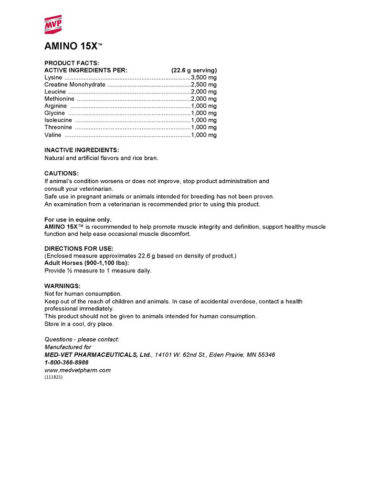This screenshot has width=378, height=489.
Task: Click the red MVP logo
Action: click(53, 24)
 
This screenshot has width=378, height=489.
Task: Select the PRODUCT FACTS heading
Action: click(72, 63)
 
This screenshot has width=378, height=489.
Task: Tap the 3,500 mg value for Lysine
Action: click(204, 77)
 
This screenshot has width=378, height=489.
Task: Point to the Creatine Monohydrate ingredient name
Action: click(75, 84)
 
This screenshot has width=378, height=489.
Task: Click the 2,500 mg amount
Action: click(204, 84)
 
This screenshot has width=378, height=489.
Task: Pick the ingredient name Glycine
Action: click(54, 113)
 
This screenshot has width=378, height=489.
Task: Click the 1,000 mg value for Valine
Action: click(204, 135)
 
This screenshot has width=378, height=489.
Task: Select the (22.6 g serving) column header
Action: click(194, 70)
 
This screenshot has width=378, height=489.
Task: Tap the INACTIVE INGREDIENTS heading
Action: click(82, 150)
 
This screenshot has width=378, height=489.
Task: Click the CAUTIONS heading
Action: click(62, 173)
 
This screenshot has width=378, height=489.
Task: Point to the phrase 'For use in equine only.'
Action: click(78, 219)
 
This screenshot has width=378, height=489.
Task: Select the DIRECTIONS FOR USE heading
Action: click(79, 249)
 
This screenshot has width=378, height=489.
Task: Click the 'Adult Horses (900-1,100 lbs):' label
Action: click(86, 263)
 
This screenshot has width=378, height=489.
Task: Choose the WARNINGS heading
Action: click(63, 286)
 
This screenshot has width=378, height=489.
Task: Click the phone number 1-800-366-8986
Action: click(66, 362)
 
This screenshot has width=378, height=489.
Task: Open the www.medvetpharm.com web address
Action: click(77, 370)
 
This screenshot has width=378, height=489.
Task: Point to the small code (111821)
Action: click(53, 377)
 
